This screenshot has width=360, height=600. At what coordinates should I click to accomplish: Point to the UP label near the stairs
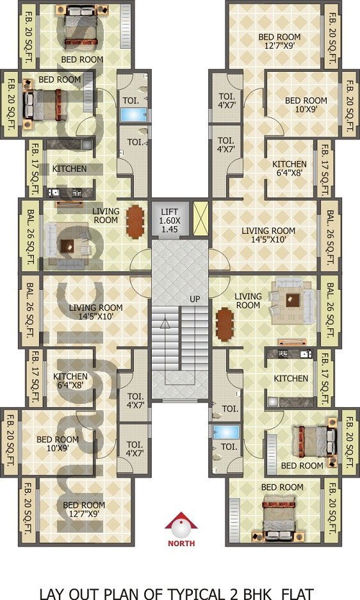click(x=195, y=299)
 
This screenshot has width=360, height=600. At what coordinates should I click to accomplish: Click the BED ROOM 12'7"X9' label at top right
click(x=279, y=41)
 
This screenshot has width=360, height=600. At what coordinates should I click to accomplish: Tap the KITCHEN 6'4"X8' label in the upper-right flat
click(x=290, y=169)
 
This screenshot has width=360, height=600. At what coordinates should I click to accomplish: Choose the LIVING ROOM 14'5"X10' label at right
click(x=268, y=235)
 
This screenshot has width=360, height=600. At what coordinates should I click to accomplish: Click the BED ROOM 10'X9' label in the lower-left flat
click(x=58, y=444)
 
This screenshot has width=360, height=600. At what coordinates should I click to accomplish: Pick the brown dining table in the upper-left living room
click(x=135, y=222)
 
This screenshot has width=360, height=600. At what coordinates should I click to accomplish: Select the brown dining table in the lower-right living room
click(x=225, y=324)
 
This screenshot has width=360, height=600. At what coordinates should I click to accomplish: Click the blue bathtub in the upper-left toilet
click(x=133, y=114)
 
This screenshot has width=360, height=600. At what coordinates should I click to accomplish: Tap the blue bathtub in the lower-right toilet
click(x=226, y=432)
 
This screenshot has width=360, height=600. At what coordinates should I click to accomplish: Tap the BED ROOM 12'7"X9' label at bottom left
click(x=84, y=510)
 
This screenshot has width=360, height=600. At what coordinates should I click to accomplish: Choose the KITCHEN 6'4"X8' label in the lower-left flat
click(x=70, y=381)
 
